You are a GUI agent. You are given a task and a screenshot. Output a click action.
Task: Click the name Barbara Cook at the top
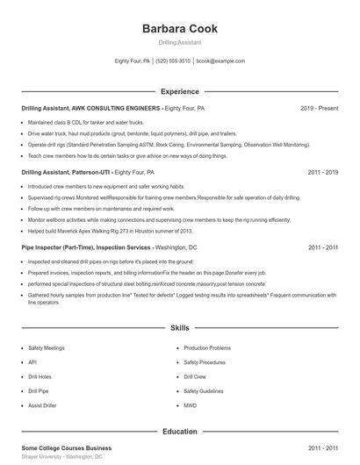point(179,28)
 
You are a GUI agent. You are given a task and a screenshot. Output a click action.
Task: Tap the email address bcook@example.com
point(220,61)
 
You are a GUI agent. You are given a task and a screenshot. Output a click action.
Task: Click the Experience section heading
point(179,91)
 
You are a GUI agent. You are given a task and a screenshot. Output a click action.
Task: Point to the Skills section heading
point(179,328)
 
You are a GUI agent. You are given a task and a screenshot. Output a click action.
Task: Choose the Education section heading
point(179,432)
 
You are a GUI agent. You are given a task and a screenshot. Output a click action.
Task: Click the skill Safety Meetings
point(47,348)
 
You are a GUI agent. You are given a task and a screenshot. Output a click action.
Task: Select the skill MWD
point(190,405)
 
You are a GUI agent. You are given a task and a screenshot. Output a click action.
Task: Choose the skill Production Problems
point(207,348)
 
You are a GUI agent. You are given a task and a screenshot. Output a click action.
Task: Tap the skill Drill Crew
point(195,376)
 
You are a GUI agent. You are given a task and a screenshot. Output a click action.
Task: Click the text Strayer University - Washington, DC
point(62,457)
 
